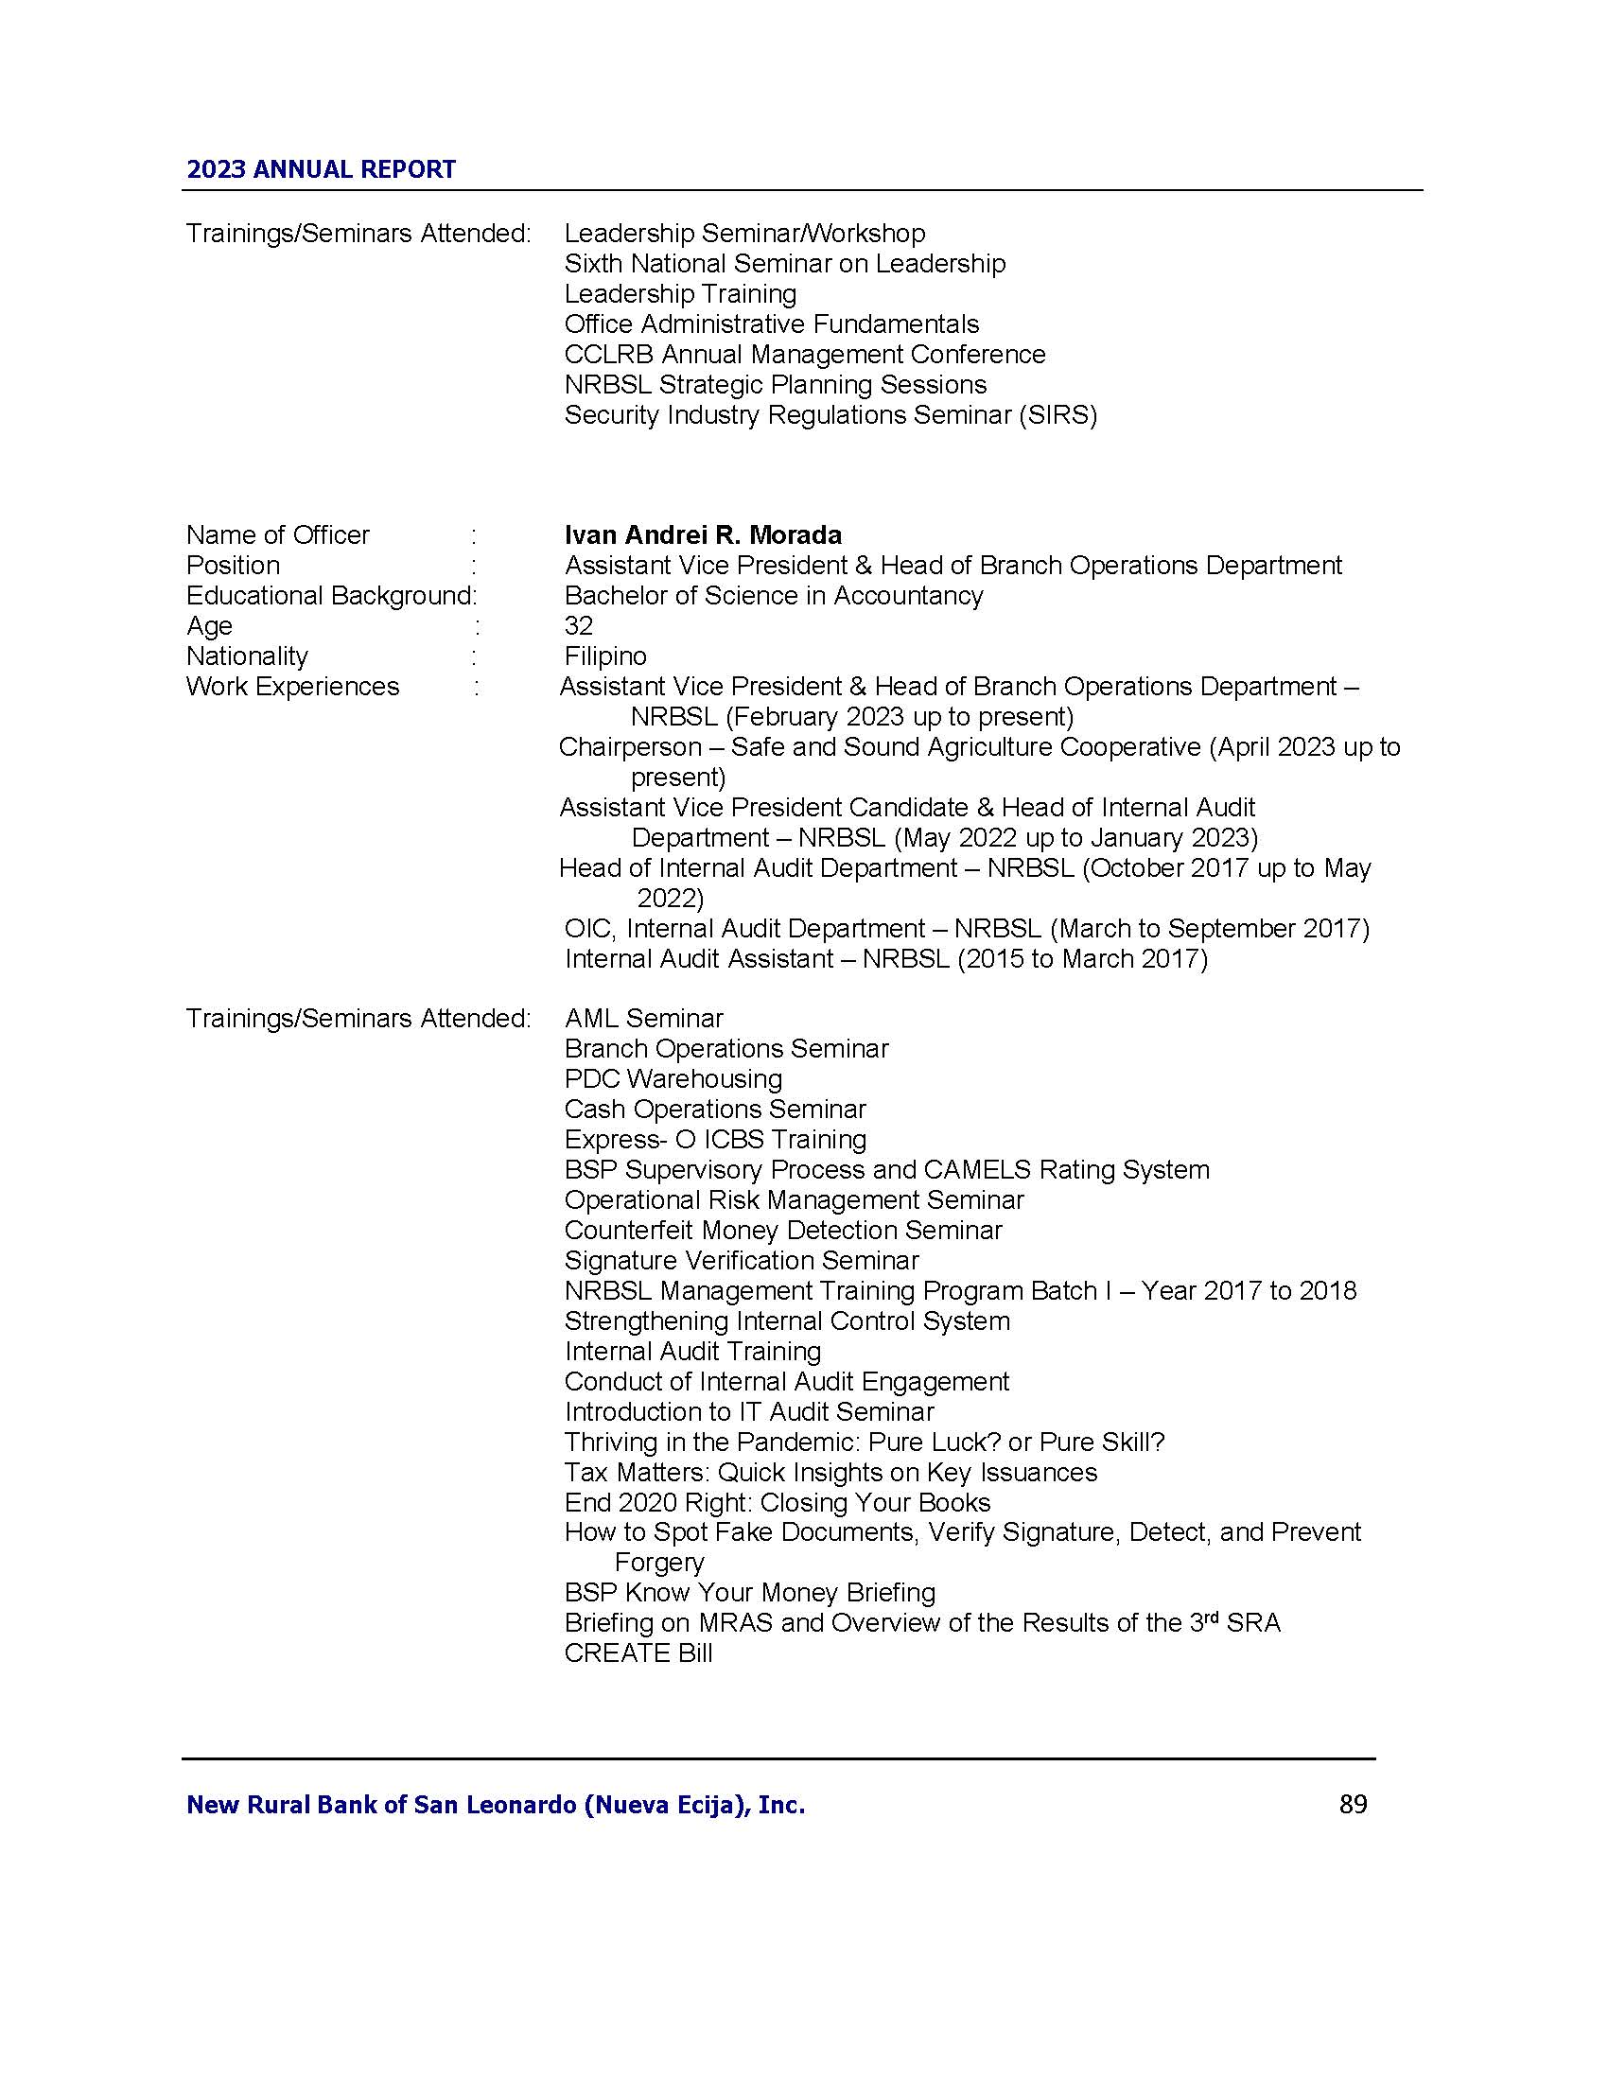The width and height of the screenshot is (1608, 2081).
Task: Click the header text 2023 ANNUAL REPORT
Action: click(321, 169)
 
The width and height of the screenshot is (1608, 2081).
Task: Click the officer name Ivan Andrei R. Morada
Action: click(703, 534)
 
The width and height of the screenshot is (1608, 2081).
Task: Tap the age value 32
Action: click(578, 626)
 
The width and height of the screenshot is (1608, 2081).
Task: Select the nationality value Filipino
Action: click(605, 656)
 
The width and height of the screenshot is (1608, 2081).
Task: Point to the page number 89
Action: click(1353, 1805)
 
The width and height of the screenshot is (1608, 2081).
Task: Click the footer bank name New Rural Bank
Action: click(495, 1805)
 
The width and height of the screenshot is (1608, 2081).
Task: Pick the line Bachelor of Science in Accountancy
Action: click(774, 596)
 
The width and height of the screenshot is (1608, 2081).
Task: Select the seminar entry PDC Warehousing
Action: click(673, 1078)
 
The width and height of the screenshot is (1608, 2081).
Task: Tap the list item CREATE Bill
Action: click(638, 1653)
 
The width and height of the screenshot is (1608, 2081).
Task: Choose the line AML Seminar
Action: click(644, 1019)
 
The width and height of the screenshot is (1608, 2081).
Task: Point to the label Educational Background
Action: click(329, 596)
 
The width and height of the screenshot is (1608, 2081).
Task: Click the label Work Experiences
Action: click(292, 687)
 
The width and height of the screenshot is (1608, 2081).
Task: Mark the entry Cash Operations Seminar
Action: click(714, 1110)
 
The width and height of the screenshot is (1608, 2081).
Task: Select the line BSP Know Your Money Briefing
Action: click(750, 1592)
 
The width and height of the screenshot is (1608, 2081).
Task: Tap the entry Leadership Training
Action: click(680, 293)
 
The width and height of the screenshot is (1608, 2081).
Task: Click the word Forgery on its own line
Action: click(659, 1563)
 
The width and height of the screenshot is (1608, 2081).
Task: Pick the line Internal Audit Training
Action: click(692, 1351)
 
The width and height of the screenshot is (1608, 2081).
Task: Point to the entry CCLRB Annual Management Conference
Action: click(804, 355)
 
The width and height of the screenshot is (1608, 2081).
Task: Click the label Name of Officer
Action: click(277, 534)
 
